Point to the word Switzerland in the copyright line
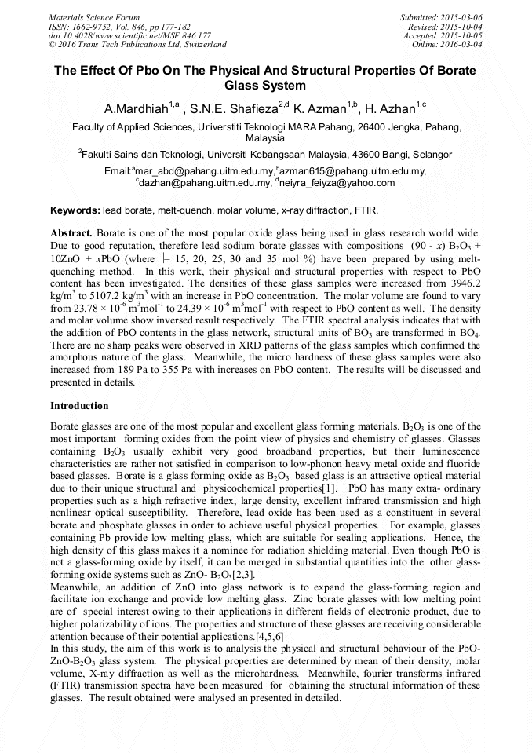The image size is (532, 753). tap(202, 45)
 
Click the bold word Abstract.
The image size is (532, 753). tap(71, 234)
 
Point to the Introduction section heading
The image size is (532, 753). tap(79, 406)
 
